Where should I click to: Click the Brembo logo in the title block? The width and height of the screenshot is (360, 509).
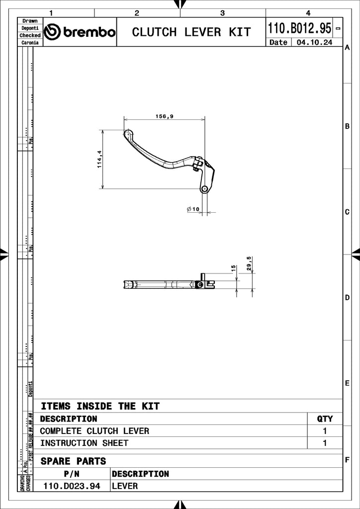(80, 32)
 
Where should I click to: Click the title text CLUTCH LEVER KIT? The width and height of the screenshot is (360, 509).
(191, 32)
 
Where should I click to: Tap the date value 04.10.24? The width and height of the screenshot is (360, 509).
(314, 43)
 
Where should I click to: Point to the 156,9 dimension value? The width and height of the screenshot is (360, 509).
(164, 116)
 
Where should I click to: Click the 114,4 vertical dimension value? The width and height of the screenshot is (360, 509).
(99, 159)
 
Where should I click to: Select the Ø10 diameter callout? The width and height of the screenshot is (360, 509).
(193, 209)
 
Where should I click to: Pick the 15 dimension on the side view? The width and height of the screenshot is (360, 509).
(233, 268)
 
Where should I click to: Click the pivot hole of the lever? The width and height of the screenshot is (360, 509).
(204, 189)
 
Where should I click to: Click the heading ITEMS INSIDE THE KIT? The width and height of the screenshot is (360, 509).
(100, 406)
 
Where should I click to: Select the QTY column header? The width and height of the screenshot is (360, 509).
(325, 419)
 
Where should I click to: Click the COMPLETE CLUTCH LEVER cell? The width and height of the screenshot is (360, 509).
(94, 431)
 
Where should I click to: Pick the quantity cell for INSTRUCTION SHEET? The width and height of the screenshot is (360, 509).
(325, 443)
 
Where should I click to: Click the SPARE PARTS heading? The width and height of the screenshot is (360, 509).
(73, 461)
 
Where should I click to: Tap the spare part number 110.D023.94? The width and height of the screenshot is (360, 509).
(72, 486)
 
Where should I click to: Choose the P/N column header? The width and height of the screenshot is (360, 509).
(72, 474)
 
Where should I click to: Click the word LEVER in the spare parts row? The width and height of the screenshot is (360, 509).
(125, 486)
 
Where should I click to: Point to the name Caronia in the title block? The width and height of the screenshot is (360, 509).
(30, 43)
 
